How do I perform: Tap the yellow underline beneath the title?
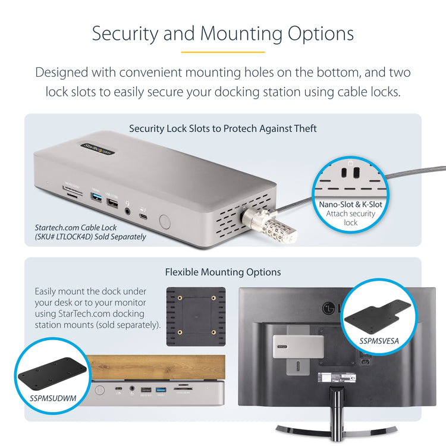pyautogui.click(x=222, y=52)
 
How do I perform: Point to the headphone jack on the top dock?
pyautogui.click(x=128, y=209)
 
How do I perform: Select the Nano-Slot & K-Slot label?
pyautogui.click(x=350, y=205)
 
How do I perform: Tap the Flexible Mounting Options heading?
pyautogui.click(x=222, y=272)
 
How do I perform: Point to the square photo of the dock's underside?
pyautogui.click(x=196, y=317)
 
